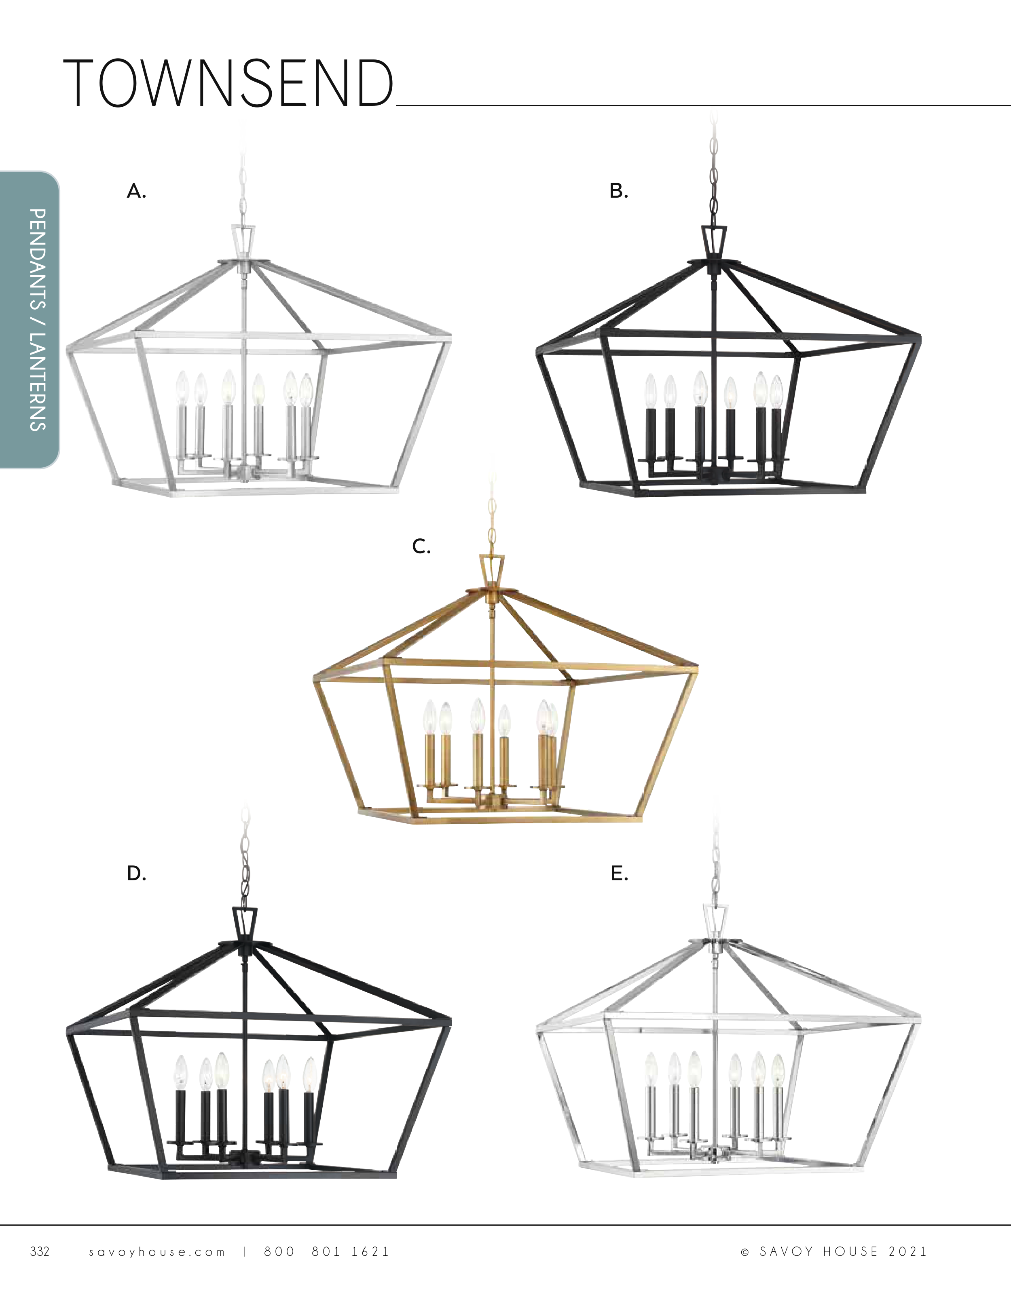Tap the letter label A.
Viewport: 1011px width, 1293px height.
(x=136, y=191)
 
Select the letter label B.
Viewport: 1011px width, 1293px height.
(x=619, y=191)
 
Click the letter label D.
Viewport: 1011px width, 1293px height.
(x=136, y=873)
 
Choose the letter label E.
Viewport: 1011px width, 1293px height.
(x=619, y=873)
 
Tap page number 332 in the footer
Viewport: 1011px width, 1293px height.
(x=40, y=1251)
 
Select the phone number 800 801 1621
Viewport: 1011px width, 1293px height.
(x=326, y=1251)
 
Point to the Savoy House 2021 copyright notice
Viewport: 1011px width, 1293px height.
(x=834, y=1251)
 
